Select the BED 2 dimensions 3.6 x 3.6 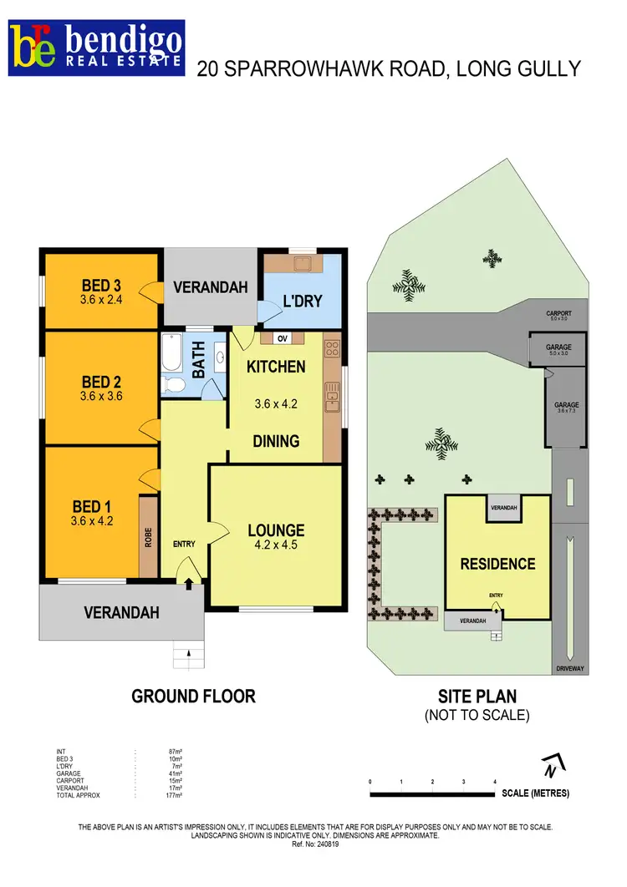(101, 397)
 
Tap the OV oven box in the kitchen (283, 338)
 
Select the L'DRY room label (302, 301)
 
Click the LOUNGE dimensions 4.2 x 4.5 (276, 545)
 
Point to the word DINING (276, 441)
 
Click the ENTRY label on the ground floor (184, 545)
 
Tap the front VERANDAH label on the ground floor (121, 612)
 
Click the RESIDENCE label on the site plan (497, 564)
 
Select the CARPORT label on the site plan (558, 314)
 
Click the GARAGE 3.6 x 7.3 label (566, 408)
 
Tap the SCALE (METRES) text (536, 793)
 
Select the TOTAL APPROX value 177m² (176, 795)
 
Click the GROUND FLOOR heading (193, 696)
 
